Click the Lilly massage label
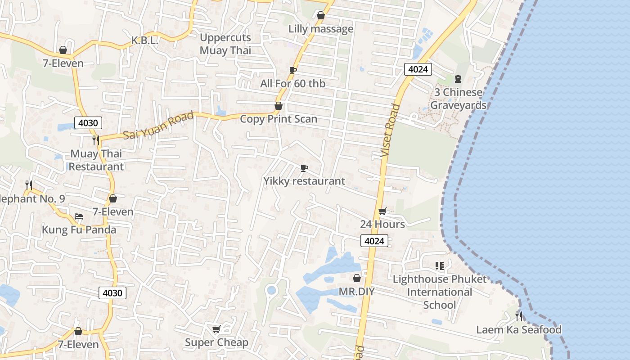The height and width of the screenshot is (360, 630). [321, 29]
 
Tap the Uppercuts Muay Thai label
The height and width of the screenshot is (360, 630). [225, 44]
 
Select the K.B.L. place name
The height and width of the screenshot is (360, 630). [145, 40]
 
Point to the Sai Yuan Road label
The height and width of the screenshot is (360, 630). [158, 125]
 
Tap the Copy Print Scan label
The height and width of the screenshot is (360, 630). [279, 119]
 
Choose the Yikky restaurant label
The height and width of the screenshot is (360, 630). [304, 181]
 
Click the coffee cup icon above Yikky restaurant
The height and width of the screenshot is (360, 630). [304, 168]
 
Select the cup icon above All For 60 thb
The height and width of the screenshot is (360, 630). [293, 70]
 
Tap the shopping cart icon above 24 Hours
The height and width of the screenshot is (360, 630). [382, 211]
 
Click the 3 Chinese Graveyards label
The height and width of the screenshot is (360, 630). [458, 99]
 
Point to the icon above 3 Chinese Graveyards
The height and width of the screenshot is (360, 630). [458, 79]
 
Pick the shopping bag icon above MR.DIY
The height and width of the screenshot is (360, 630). [357, 278]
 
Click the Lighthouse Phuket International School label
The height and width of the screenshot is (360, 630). [440, 292]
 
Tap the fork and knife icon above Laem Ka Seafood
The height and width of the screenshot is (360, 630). [519, 316]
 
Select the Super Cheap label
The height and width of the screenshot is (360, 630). [216, 343]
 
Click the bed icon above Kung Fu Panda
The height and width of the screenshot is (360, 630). [79, 216]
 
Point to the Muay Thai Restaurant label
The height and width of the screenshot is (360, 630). [96, 160]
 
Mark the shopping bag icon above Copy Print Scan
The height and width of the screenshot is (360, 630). [279, 106]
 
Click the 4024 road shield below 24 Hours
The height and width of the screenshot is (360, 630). [374, 241]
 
